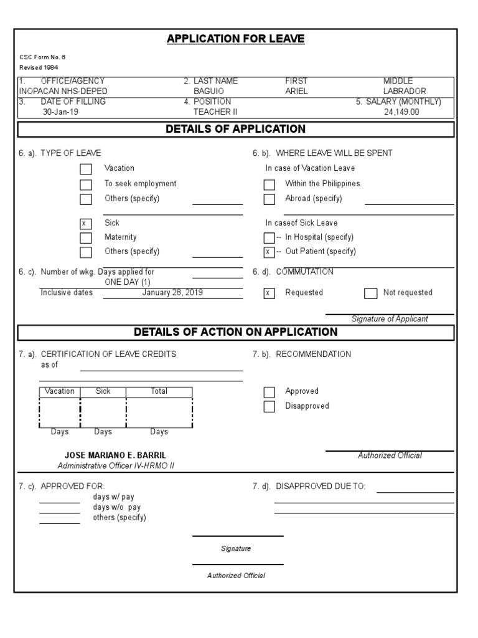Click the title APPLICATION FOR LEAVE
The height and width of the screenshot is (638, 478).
point(235,39)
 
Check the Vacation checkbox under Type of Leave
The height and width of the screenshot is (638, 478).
point(86,169)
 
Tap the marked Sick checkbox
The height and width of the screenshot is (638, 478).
point(86,224)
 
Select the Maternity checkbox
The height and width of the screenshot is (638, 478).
point(86,238)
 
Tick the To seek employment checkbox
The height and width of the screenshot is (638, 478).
point(86,184)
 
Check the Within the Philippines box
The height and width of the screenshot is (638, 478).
point(269,184)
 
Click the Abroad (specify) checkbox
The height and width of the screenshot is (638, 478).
point(269,199)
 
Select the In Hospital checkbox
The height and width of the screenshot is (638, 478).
point(269,238)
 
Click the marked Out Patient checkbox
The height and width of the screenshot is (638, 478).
point(269,252)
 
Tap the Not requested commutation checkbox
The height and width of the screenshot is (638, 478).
point(370,293)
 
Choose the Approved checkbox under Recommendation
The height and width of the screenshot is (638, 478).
point(269,392)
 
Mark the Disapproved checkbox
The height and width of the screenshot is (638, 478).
point(269,407)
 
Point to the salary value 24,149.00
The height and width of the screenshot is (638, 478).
point(401,112)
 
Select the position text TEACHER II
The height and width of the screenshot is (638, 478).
point(215,112)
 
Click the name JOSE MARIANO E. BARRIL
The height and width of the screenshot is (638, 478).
point(116,455)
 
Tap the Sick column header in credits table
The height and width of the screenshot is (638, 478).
point(103,391)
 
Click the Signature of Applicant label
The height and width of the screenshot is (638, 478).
point(390,319)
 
